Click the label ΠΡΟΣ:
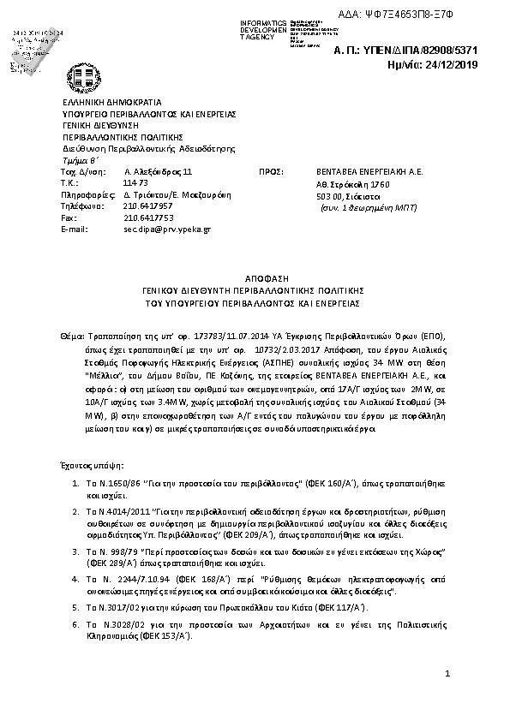coord(270,171)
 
